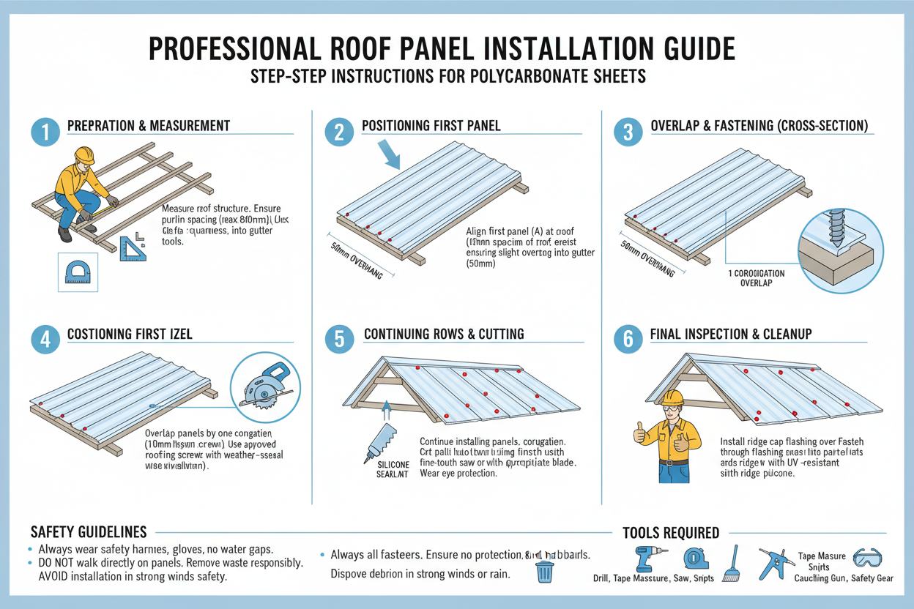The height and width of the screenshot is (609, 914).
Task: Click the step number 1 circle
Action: tap(45, 132)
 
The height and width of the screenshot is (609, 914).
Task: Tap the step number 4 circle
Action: tap(45, 340)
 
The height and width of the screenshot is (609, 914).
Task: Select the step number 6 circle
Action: tap(628, 340)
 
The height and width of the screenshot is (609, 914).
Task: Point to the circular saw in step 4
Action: tap(264, 386)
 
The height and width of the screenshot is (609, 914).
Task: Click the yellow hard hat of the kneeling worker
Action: tap(85, 155)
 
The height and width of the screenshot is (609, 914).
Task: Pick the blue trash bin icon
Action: tap(544, 571)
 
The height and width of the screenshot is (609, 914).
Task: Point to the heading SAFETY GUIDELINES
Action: tap(89, 532)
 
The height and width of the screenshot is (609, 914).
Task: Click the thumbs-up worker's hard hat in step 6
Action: tap(672, 397)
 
